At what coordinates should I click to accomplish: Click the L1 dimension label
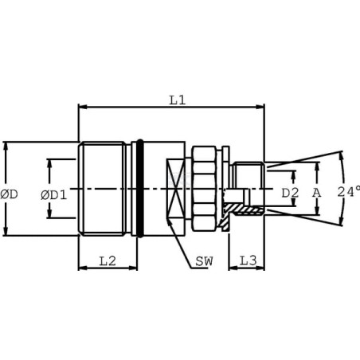click(x=178, y=100)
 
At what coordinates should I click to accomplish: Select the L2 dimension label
click(x=108, y=261)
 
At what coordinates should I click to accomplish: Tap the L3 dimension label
click(x=248, y=261)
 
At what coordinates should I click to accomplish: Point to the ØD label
click(x=9, y=194)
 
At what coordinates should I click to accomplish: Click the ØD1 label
click(x=54, y=195)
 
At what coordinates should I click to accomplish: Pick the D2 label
click(x=290, y=193)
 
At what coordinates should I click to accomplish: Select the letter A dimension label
click(x=316, y=193)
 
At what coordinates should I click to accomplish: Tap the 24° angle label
click(x=349, y=192)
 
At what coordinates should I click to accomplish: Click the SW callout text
click(x=204, y=261)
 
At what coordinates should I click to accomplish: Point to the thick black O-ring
click(x=139, y=188)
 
